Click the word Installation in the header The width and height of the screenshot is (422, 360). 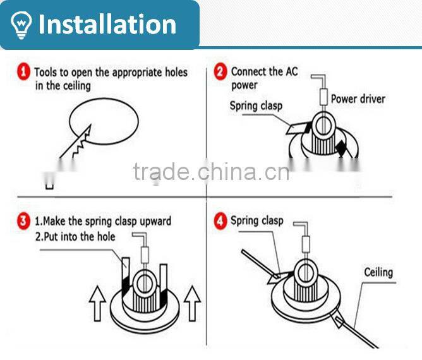point(107,25)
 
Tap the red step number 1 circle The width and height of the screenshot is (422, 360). point(23,72)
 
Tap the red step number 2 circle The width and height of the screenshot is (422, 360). point(220,71)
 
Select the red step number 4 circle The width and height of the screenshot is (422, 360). point(220,221)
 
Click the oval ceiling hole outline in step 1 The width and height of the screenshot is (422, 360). point(104,117)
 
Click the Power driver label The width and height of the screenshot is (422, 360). point(358,99)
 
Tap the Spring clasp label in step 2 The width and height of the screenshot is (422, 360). point(256,105)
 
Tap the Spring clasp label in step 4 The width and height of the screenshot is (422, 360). point(256,220)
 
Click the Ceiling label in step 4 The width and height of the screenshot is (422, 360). point(378,272)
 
